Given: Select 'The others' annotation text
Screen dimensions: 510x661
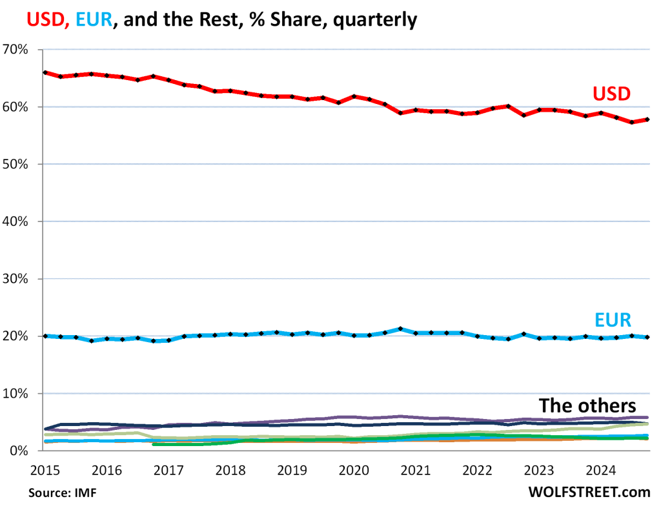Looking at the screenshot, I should click(x=587, y=406).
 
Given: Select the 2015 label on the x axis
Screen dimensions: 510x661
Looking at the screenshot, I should click(x=41, y=469).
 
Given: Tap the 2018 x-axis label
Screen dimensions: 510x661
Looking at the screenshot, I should click(x=230, y=469).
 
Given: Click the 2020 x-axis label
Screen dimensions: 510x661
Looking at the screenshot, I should click(x=354, y=469).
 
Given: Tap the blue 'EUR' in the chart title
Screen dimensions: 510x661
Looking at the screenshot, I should click(x=92, y=21).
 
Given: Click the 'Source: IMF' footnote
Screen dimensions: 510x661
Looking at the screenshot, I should click(x=57, y=493).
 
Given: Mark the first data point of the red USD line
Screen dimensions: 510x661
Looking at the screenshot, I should click(x=45, y=72).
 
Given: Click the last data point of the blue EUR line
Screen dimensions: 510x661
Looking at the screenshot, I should click(x=647, y=337).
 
